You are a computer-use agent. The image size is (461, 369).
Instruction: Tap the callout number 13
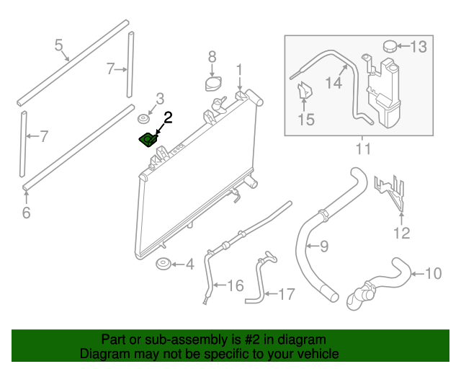419,48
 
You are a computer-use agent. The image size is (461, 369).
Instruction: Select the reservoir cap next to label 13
390,46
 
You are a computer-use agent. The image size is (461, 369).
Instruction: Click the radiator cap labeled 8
212,84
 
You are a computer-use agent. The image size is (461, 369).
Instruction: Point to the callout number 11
362,149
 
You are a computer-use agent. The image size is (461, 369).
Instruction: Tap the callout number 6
26,213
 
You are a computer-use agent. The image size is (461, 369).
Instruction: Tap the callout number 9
323,246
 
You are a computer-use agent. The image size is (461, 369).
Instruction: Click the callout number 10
433,274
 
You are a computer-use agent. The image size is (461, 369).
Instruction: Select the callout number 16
236,286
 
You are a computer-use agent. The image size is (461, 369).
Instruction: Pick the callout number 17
286,293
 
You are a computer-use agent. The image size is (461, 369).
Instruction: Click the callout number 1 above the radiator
239,71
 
